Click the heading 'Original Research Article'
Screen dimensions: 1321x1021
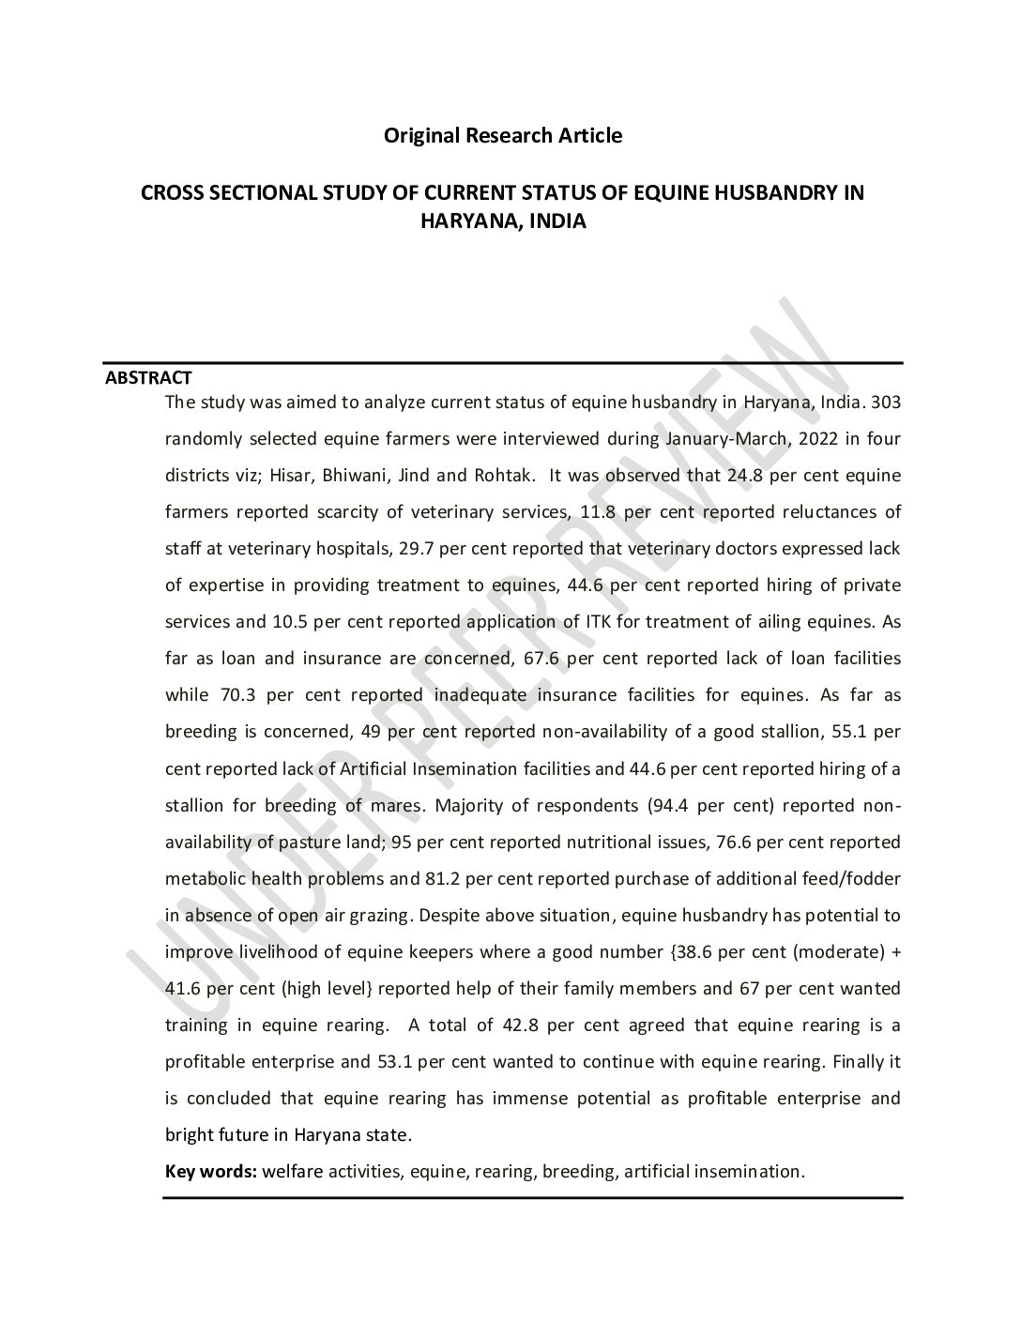pos(502,136)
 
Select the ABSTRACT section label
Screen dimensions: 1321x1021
pos(148,378)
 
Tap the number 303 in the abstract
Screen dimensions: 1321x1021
pos(886,402)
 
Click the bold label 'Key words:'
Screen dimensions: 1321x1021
pos(211,1172)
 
